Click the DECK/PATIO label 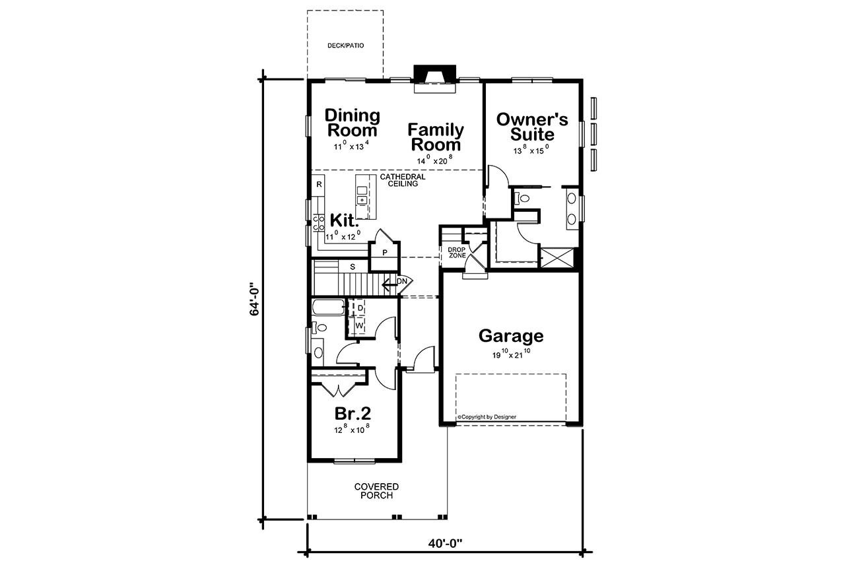[346, 46]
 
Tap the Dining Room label [353, 123]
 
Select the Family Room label [435, 137]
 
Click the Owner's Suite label [532, 127]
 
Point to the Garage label [511, 336]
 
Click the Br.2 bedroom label [353, 414]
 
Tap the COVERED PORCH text [376, 491]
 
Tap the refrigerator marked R [318, 184]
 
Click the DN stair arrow [397, 282]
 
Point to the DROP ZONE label [457, 253]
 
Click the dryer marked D [360, 309]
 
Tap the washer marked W [360, 325]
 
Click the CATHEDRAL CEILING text [402, 181]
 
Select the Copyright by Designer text [487, 417]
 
